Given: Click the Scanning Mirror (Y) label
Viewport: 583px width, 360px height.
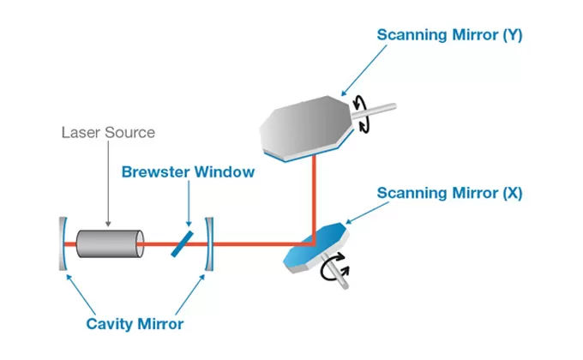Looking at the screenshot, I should (x=450, y=35).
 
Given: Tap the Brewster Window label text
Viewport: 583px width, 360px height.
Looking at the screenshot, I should (x=188, y=171).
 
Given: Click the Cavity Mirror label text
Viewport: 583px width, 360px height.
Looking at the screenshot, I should (x=135, y=324).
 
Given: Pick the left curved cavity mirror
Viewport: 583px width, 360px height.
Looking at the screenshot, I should (x=63, y=244).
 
